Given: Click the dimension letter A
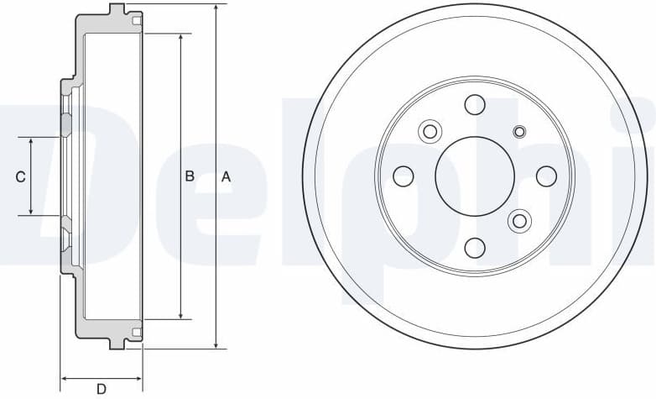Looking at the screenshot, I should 226,177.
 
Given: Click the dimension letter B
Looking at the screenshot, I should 190,176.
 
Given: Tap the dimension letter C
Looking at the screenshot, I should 21,177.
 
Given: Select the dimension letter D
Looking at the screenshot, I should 102,388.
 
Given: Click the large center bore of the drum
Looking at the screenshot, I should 475,176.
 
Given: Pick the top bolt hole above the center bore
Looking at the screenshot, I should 475,105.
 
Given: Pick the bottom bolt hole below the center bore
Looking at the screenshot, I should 475,248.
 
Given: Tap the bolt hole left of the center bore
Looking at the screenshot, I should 403,176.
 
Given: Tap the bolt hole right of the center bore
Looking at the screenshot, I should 546,176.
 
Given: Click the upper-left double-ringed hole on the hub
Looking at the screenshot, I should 430,131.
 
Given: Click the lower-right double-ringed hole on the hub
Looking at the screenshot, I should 520,221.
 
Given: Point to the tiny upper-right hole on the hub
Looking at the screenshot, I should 519,131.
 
